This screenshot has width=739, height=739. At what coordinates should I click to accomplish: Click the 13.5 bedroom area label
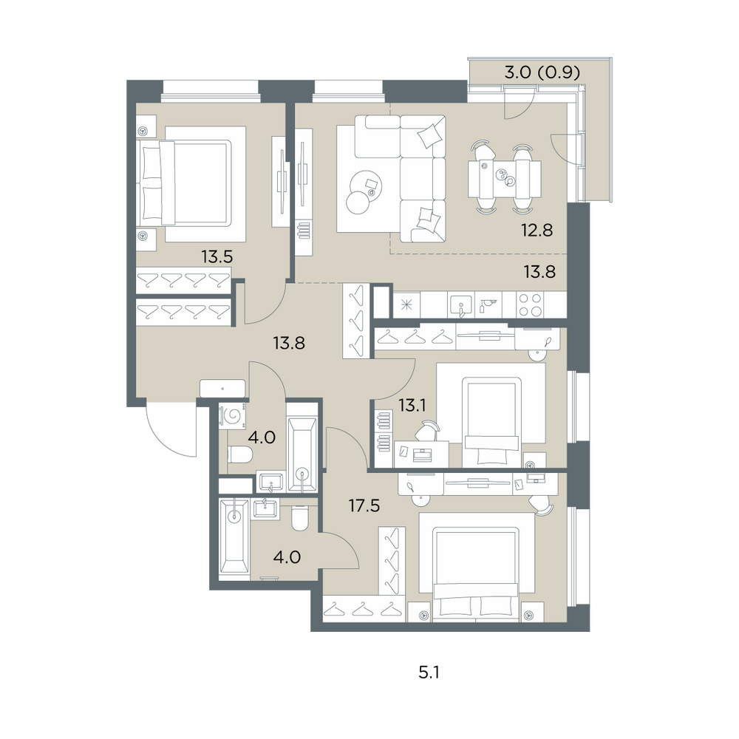coord(217,257)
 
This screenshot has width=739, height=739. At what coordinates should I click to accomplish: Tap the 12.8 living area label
coord(537,231)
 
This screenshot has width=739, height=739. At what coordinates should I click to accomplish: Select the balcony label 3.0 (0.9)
coord(542,72)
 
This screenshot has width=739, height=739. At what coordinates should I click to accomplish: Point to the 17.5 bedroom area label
coord(364,505)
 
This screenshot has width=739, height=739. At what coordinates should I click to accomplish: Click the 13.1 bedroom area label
coord(412,405)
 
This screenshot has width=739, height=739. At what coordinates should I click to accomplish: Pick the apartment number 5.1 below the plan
coord(429,672)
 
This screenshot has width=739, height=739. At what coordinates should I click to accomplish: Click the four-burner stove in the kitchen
coord(530,304)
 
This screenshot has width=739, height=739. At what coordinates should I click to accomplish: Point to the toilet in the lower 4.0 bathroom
coord(299,518)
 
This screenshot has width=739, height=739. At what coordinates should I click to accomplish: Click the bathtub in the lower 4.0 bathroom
coord(234,537)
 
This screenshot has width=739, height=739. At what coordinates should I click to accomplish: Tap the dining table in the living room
coord(504,179)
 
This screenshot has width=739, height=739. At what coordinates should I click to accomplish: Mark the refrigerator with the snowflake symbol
coord(406,304)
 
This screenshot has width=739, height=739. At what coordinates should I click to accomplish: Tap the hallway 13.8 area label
coord(289,343)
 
